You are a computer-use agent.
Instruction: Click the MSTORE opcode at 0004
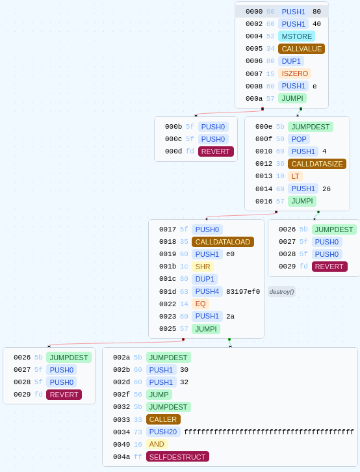(296, 36)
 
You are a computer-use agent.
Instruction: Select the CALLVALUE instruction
(302, 49)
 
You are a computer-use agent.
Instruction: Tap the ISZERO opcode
(295, 73)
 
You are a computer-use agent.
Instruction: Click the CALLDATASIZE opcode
(317, 164)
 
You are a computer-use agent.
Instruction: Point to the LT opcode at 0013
(295, 176)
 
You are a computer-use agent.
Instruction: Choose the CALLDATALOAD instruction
(222, 242)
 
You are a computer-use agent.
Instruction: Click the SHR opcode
(203, 267)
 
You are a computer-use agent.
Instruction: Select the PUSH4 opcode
(207, 291)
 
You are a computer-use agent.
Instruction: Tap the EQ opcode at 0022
(200, 304)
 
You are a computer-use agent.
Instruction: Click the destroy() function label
(281, 292)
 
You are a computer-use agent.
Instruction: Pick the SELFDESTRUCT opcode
(177, 456)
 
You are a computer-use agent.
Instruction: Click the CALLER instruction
(163, 419)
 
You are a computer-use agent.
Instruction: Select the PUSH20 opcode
(163, 432)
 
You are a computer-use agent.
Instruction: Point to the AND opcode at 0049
(157, 444)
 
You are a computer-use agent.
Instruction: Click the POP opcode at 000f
(299, 139)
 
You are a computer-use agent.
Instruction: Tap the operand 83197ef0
(243, 291)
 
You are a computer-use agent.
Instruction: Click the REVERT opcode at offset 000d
(216, 151)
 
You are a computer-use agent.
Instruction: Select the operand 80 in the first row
(316, 12)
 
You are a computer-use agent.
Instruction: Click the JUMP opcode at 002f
(159, 395)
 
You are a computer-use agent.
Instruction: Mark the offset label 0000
(254, 12)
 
